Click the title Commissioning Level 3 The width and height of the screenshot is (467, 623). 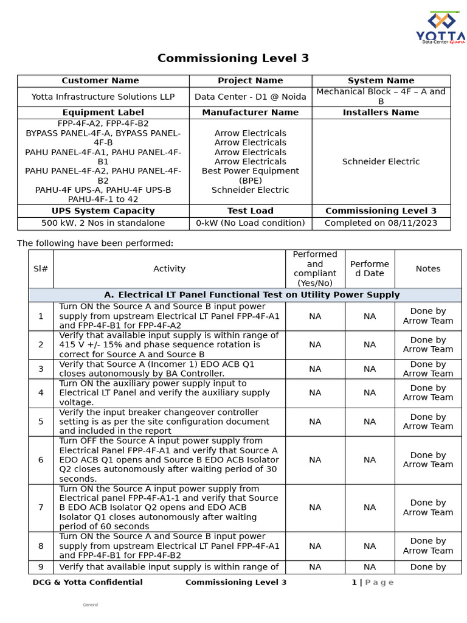pyautogui.click(x=233, y=58)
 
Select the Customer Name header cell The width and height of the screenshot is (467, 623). pyautogui.click(x=100, y=81)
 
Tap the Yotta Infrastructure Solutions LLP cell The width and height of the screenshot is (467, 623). pyautogui.click(x=103, y=97)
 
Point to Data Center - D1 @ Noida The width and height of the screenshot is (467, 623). pyautogui.click(x=250, y=97)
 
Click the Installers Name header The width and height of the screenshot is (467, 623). pyautogui.click(x=381, y=113)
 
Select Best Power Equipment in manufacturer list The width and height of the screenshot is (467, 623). pyautogui.click(x=250, y=172)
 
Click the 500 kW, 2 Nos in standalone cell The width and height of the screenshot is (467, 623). pyautogui.click(x=103, y=223)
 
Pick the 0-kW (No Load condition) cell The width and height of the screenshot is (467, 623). pyautogui.click(x=250, y=223)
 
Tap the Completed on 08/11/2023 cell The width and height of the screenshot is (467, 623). pyautogui.click(x=381, y=223)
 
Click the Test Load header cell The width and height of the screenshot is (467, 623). pyautogui.click(x=250, y=211)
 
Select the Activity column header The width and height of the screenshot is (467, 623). pyautogui.click(x=169, y=269)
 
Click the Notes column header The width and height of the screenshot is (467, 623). pyautogui.click(x=428, y=269)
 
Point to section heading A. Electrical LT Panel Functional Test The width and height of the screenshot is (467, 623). pyautogui.click(x=251, y=295)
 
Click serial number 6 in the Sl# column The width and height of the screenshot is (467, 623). pyautogui.click(x=41, y=460)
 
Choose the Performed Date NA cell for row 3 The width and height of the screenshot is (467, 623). pyautogui.click(x=370, y=369)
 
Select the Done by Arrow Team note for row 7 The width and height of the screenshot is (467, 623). pyautogui.click(x=428, y=507)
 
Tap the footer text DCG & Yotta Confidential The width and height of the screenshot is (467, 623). pyautogui.click(x=88, y=582)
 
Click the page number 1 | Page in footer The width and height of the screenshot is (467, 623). pyautogui.click(x=372, y=582)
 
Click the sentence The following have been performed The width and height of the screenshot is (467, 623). pyautogui.click(x=95, y=243)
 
